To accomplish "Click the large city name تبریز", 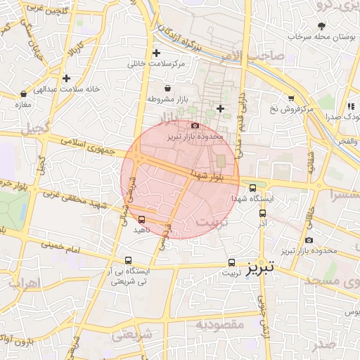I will pos(262,269).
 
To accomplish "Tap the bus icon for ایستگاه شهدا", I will pos(253,188).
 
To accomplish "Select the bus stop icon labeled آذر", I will pos(263,214).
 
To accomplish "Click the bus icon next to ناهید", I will pos(142,219).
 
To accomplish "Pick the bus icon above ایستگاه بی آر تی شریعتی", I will pos(127,259).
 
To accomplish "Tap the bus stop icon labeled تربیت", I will pos(232,262).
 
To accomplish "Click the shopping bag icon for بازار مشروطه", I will pos(167,89).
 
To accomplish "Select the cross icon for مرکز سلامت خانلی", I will pos(156,53).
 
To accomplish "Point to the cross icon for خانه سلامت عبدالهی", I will pos(66,79).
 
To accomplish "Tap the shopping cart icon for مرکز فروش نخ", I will pos(291,98).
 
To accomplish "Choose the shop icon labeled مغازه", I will pos(24,94).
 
